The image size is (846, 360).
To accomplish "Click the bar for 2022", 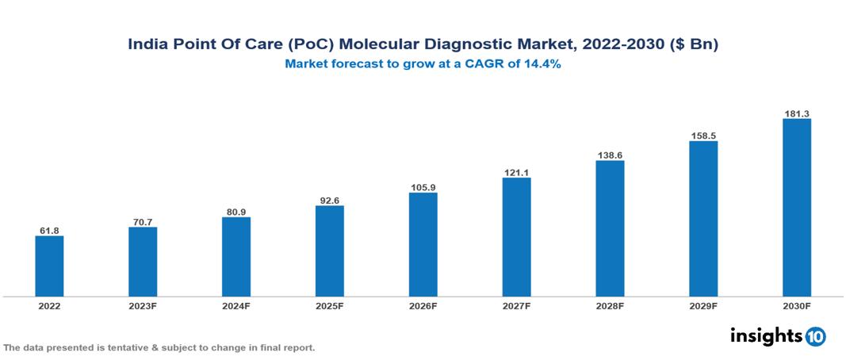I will (49, 266).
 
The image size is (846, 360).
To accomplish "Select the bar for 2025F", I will (330, 251).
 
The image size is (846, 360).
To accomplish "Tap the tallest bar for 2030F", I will (797, 208).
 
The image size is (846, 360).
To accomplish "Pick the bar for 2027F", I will (517, 237).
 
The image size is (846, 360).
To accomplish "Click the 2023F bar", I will (143, 262).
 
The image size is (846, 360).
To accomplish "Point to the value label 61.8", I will (49, 231).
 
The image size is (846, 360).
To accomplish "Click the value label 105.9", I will (423, 187).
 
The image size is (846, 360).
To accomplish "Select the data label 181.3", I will (797, 113).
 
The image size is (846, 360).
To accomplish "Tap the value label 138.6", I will (611, 155).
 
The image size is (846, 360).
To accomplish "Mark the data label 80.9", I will (236, 212).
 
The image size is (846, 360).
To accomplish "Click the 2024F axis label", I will (236, 306).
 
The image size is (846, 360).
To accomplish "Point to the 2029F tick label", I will (703, 306).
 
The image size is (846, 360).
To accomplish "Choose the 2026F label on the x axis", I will (423, 306).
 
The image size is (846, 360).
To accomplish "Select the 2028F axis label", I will (611, 306).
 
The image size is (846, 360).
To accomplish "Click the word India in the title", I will (148, 45).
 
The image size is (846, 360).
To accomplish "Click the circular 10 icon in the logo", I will (816, 336).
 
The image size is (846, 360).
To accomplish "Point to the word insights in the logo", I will (766, 335).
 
